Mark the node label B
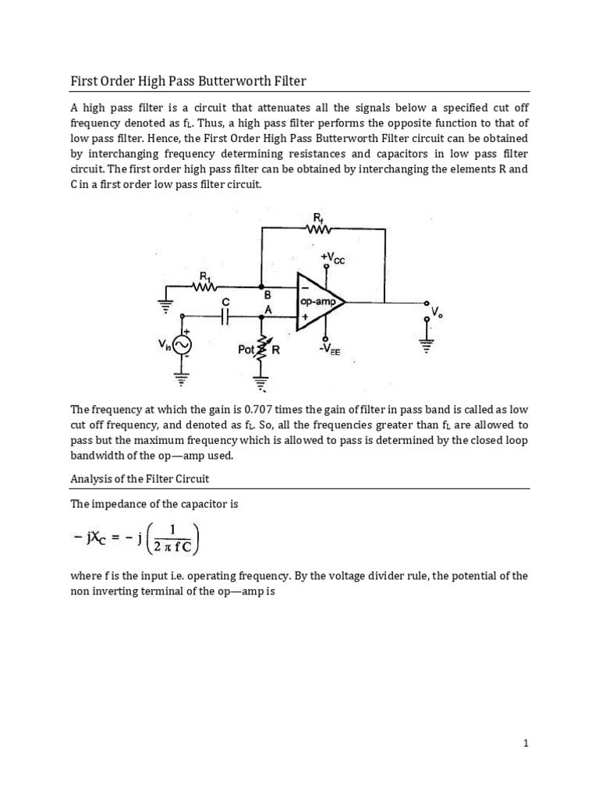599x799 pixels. (x=268, y=296)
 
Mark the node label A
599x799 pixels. (x=268, y=309)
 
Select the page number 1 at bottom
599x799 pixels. (x=526, y=744)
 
